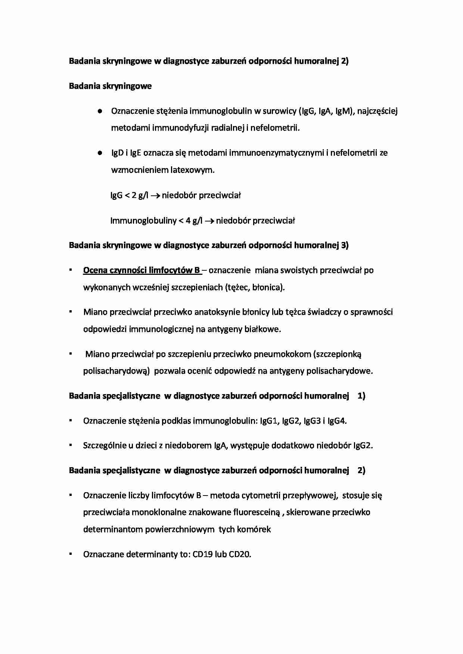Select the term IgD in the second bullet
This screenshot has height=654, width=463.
117,153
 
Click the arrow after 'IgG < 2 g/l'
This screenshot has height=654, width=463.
155,195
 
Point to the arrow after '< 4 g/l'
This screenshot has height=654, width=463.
209,221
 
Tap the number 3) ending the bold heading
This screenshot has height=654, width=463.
344,245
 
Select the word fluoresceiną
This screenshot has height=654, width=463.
256,512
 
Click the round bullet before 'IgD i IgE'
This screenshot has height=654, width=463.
100,153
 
